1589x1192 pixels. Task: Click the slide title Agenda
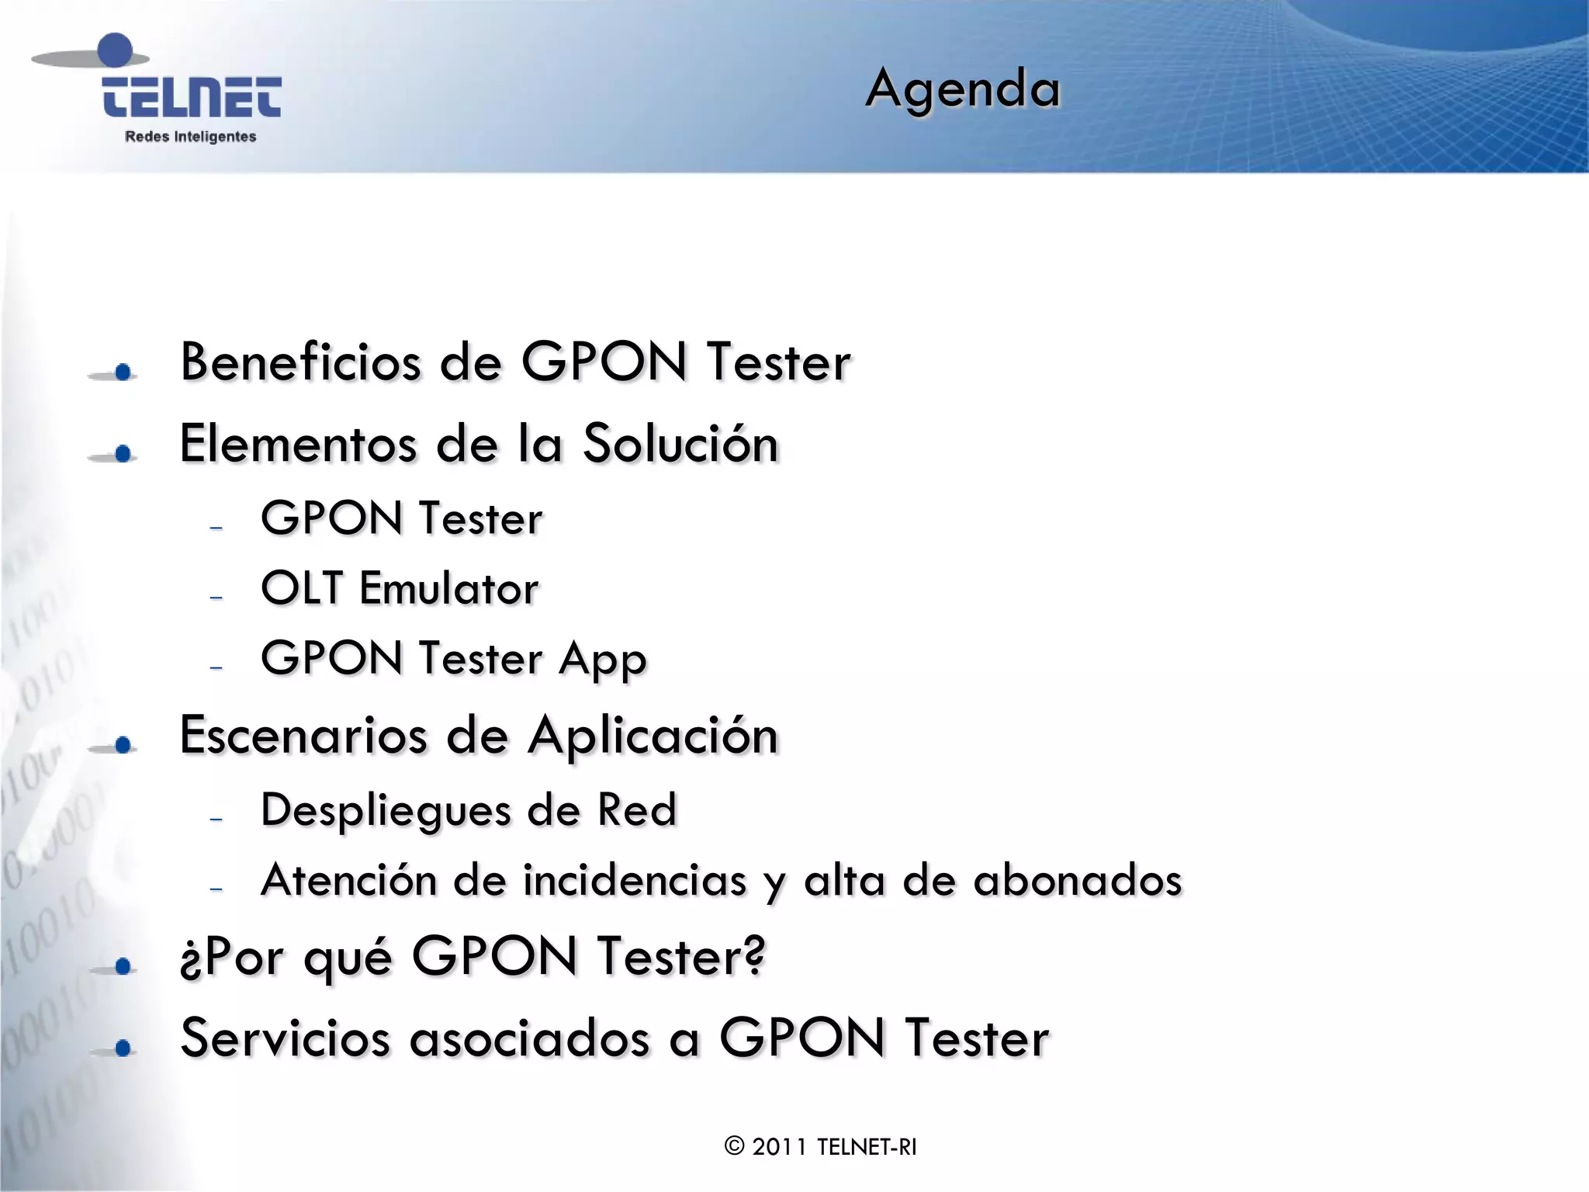[962, 89]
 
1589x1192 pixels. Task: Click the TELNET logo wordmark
[192, 98]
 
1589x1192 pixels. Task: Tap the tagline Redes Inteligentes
[191, 137]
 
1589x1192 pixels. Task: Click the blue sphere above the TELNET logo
[116, 50]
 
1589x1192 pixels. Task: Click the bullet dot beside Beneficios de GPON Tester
[123, 372]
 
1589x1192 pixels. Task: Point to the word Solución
[680, 444]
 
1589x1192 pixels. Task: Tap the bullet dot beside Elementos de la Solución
[123, 454]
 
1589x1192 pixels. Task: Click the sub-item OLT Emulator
[400, 588]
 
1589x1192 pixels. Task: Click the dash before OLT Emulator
[216, 598]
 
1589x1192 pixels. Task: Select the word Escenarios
[303, 736]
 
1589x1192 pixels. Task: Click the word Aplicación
[653, 736]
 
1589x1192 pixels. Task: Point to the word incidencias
[635, 881]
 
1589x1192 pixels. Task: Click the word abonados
[1077, 881]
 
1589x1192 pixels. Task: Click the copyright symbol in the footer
[734, 1146]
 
